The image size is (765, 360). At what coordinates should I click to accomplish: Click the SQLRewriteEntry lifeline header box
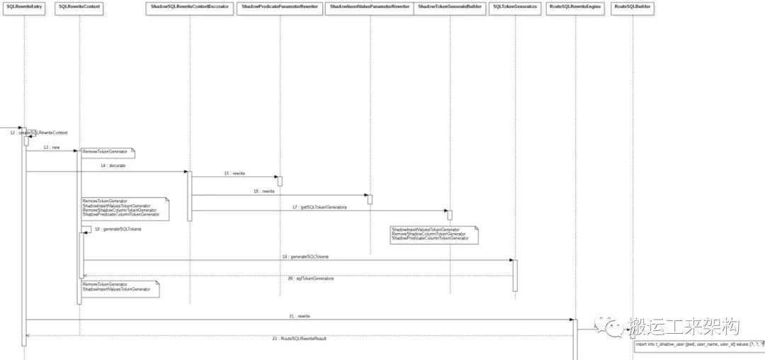(x=23, y=6)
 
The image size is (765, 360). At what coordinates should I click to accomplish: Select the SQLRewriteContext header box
(x=79, y=6)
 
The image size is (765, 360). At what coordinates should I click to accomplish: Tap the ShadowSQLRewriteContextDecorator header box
(x=190, y=6)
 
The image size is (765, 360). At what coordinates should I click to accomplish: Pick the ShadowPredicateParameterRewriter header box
(x=280, y=6)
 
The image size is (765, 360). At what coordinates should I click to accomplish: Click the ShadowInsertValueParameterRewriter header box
(x=370, y=6)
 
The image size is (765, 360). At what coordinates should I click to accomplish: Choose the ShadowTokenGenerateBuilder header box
(x=449, y=6)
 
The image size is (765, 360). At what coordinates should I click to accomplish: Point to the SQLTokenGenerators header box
(x=515, y=6)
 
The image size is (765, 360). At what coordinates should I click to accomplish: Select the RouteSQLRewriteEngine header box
(x=575, y=6)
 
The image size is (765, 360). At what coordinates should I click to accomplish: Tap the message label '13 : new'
(x=51, y=147)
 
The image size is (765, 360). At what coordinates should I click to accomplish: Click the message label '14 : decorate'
(x=117, y=165)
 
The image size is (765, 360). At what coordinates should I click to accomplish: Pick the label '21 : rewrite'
(x=299, y=315)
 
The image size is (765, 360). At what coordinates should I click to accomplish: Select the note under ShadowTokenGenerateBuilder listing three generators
(x=434, y=235)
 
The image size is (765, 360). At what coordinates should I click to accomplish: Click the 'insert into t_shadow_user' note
(x=698, y=344)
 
